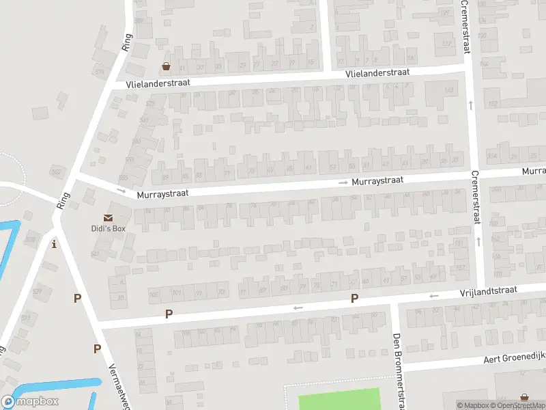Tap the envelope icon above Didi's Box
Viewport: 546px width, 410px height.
pos(109,217)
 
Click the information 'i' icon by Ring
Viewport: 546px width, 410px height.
pos(54,244)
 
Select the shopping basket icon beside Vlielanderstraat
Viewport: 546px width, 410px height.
pos(166,67)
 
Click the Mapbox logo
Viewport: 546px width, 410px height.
pos(31,401)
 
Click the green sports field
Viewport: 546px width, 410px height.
pos(339,399)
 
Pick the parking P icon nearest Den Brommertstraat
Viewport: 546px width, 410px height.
pos(354,298)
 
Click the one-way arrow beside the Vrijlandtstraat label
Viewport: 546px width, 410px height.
pos(433,296)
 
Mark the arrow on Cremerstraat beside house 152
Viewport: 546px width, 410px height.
pos(471,105)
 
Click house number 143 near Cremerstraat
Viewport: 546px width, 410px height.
pos(448,91)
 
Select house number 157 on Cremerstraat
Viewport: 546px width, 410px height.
pos(460,267)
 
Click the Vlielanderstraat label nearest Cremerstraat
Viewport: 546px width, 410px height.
pos(377,72)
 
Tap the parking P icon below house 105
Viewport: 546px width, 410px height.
pos(169,314)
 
